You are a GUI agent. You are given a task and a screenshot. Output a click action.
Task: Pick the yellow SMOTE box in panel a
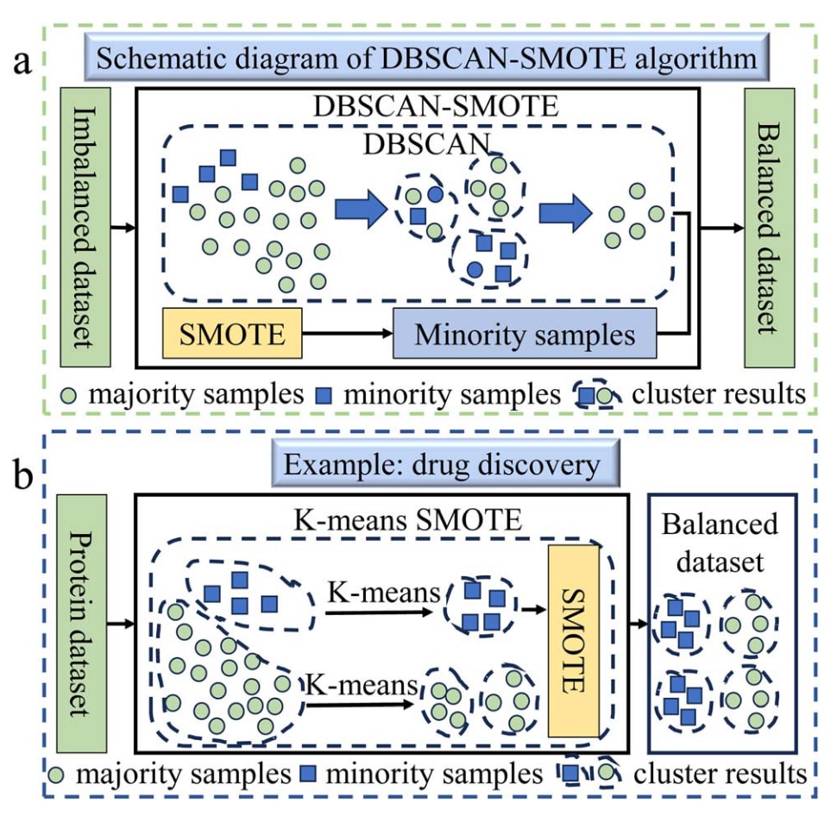[x=231, y=333]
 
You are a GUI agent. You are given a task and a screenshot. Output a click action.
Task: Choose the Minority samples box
[x=525, y=334]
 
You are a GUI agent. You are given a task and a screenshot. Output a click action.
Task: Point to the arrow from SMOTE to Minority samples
[x=346, y=333]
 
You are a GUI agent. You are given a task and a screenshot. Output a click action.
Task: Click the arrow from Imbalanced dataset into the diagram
[x=121, y=228]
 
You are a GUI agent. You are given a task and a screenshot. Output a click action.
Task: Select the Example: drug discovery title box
[x=443, y=466]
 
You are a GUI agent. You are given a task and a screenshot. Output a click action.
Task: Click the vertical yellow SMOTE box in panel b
[x=573, y=642]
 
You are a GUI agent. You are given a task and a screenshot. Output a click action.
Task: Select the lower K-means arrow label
[x=356, y=686]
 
